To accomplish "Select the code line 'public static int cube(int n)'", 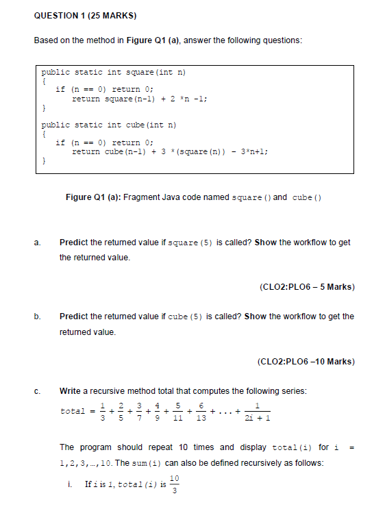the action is point(109,125).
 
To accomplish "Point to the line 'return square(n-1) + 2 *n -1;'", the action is point(140,99).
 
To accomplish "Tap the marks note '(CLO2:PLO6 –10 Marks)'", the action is point(306,361).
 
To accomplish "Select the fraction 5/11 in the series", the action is point(177,411).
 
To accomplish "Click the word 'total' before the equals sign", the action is point(73,412).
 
